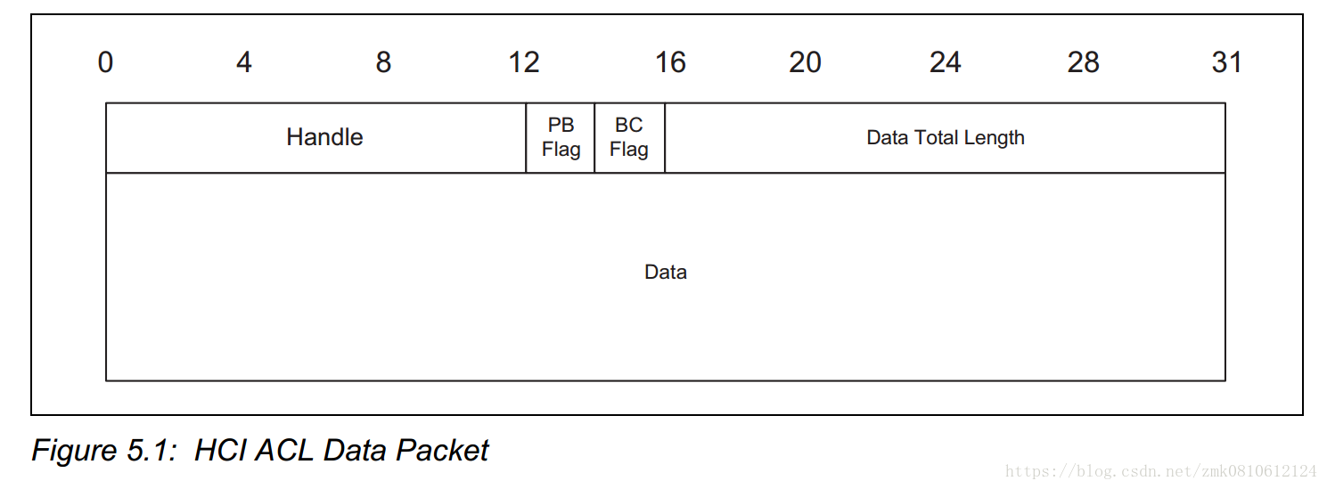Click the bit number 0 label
click(x=105, y=62)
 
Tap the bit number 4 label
click(x=243, y=62)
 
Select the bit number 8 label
click(x=383, y=62)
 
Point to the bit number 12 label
click(x=524, y=62)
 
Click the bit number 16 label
click(x=670, y=62)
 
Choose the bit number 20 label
click(x=805, y=62)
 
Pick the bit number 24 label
click(x=945, y=62)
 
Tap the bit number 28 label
click(x=1084, y=62)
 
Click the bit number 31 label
click(x=1226, y=62)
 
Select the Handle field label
click(x=324, y=137)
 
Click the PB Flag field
click(x=561, y=137)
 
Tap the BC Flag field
click(x=629, y=137)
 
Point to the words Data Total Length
click(x=946, y=138)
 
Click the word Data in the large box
click(x=666, y=272)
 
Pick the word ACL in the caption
click(x=285, y=451)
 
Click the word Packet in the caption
click(x=443, y=451)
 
